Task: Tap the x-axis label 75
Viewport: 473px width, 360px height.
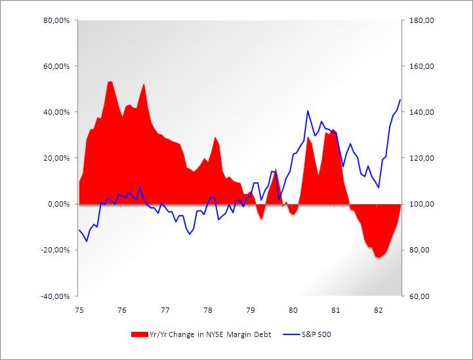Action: click(79, 310)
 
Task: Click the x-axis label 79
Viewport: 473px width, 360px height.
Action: click(250, 310)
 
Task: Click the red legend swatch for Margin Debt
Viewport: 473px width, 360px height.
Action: click(140, 334)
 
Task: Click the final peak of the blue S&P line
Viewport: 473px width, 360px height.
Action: click(400, 100)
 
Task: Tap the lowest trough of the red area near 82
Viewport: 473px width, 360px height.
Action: click(379, 258)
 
